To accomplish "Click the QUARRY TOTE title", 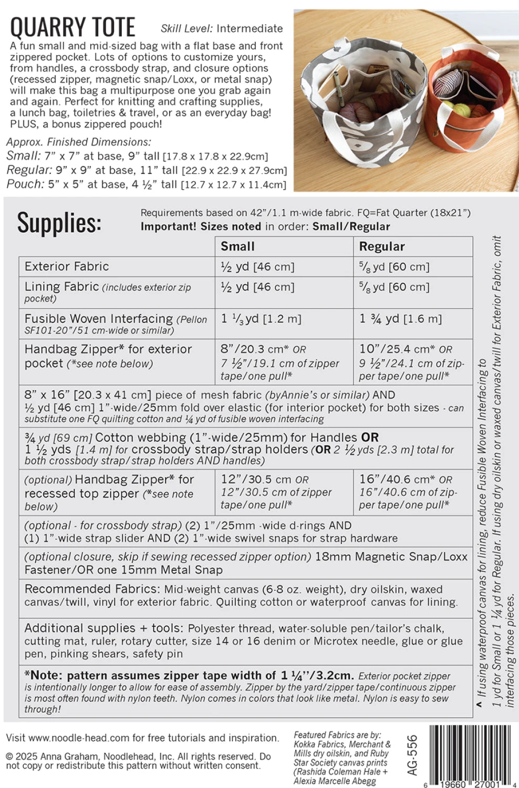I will coord(72,27).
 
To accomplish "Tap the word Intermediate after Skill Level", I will coord(250,29).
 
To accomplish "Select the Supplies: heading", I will coord(59,223).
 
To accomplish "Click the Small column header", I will coord(237,246).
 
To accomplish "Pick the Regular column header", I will coord(381,246).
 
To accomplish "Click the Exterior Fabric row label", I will coord(67,266).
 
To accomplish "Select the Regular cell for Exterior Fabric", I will coord(394,267).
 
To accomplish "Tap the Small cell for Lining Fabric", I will coord(257,287).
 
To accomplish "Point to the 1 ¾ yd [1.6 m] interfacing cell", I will coord(400,319).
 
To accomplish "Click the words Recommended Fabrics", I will coord(92,589).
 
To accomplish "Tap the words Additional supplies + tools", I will coord(103,628).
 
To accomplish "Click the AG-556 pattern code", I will coord(412,755).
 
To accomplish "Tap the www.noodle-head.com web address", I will coord(79,738).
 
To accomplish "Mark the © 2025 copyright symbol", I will coord(10,757).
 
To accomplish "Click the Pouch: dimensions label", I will coord(25,184).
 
